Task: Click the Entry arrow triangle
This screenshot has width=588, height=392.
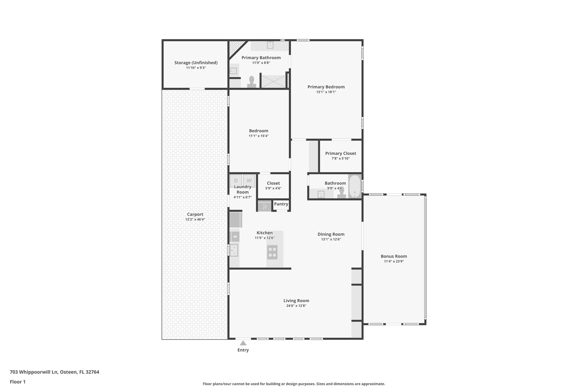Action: click(x=243, y=343)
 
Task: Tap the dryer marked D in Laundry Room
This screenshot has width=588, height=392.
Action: click(x=236, y=181)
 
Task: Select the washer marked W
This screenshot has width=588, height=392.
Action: click(x=249, y=181)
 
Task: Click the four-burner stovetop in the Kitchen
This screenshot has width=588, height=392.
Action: click(x=272, y=252)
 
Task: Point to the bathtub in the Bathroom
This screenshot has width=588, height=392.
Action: click(x=355, y=186)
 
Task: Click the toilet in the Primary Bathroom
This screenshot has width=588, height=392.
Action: click(x=252, y=82)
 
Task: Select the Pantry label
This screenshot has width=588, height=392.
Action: click(x=281, y=204)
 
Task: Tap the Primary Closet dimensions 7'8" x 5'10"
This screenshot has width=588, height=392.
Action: click(x=341, y=159)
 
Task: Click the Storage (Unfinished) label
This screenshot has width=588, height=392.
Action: click(x=196, y=63)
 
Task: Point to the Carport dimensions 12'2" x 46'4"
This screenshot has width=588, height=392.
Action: click(x=195, y=219)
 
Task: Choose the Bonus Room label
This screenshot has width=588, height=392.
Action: click(x=394, y=256)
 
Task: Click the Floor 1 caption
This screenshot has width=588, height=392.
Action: click(x=18, y=382)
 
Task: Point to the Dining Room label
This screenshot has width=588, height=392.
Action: click(x=331, y=234)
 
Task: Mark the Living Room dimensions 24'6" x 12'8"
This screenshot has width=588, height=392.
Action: click(x=296, y=306)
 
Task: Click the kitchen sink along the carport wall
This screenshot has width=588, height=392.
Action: click(x=234, y=250)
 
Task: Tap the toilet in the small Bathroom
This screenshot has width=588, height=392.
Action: click(x=342, y=193)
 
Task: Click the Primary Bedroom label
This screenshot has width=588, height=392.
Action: click(x=326, y=87)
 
